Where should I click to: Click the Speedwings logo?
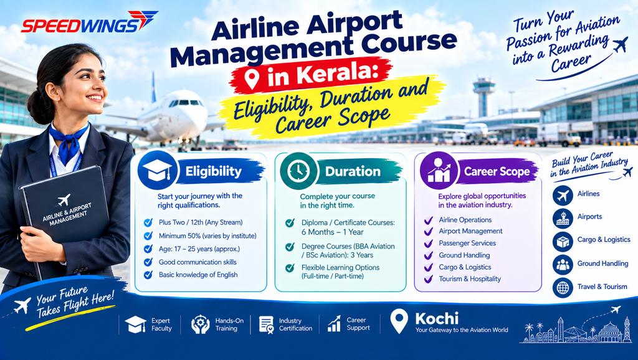89,23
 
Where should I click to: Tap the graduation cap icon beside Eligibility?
158,171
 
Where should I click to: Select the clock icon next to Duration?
298,171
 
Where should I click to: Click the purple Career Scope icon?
439,171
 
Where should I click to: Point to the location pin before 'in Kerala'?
252,78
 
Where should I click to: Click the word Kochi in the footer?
437,318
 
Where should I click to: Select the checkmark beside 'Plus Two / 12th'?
148,222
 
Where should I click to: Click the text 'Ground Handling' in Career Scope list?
464,255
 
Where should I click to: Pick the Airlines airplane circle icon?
563,196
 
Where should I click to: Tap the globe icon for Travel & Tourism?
563,288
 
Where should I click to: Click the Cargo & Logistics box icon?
563,242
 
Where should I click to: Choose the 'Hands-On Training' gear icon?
200,324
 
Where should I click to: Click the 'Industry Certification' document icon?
267,324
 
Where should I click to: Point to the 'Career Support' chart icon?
334,324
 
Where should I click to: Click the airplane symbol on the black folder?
64,200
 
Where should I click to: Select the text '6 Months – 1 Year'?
333,232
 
